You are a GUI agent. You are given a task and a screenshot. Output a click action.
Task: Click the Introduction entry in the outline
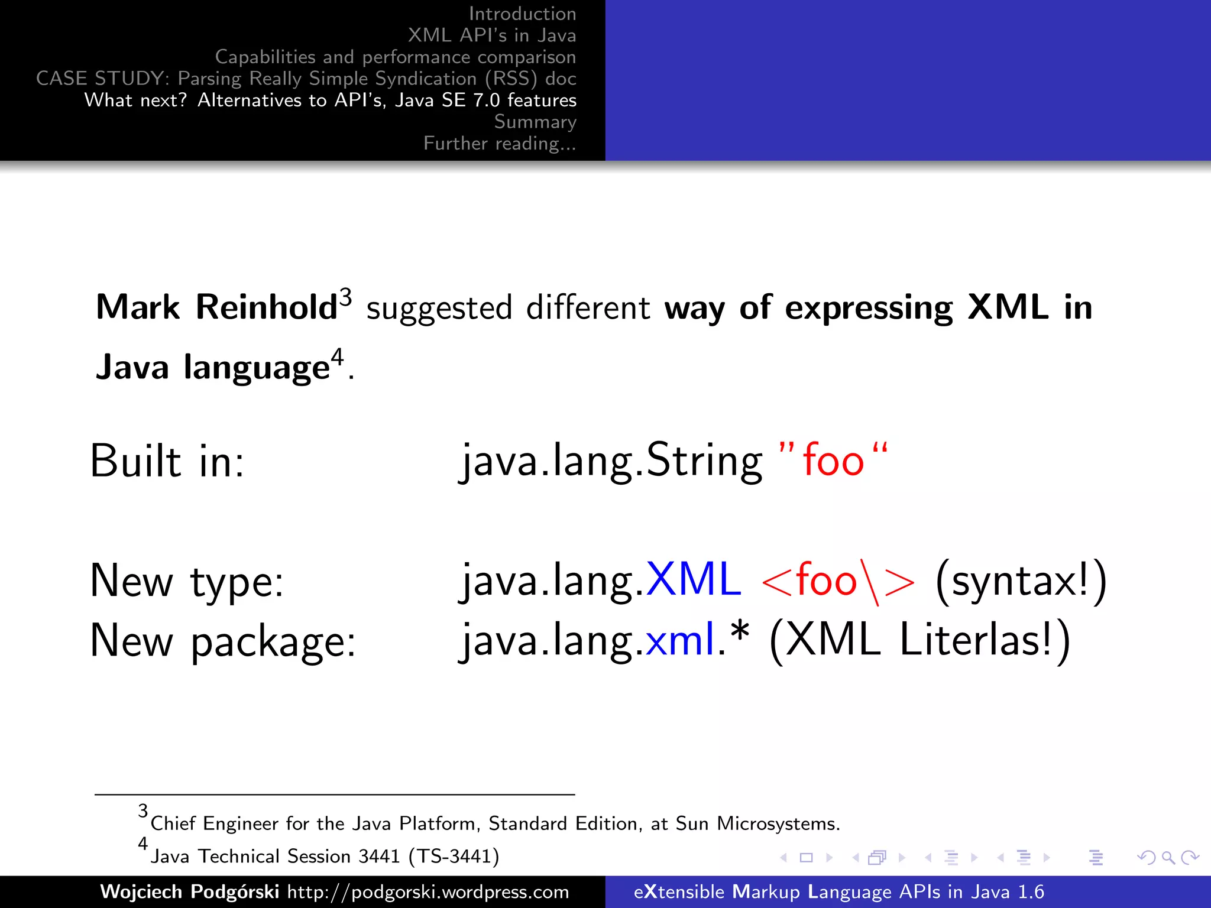point(522,14)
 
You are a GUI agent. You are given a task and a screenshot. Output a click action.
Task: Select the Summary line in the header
point(535,122)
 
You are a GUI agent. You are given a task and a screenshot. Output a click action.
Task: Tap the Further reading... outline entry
point(500,144)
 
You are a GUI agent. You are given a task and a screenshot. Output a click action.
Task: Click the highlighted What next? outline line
point(330,100)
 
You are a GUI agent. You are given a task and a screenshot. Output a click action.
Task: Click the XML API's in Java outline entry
point(491,35)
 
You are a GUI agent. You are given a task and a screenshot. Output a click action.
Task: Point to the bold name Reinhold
point(266,307)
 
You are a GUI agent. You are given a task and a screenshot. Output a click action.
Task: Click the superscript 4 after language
point(336,357)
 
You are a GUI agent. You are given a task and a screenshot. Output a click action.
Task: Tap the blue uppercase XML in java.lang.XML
point(693,579)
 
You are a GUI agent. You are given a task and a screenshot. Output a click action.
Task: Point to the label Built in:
point(167,461)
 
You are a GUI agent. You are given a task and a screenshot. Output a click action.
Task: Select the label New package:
point(223,641)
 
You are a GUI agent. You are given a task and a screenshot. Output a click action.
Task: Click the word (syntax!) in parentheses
point(1021,581)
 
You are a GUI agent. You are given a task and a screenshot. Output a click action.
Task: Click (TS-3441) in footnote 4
point(454,856)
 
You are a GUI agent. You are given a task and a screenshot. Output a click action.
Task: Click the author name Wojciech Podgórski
point(189,891)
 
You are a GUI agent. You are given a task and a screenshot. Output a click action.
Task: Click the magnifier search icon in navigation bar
point(1168,857)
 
